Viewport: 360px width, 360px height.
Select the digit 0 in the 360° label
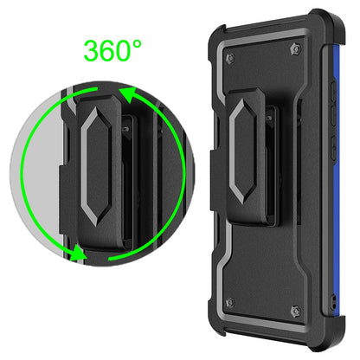pyautogui.click(x=137, y=49)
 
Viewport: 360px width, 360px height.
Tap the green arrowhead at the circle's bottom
pyautogui.click(x=80, y=254)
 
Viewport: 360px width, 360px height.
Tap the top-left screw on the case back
pyautogui.click(x=229, y=59)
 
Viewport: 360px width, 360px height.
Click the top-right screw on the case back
pyautogui.click(x=299, y=52)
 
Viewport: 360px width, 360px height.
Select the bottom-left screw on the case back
pyautogui.click(x=229, y=302)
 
